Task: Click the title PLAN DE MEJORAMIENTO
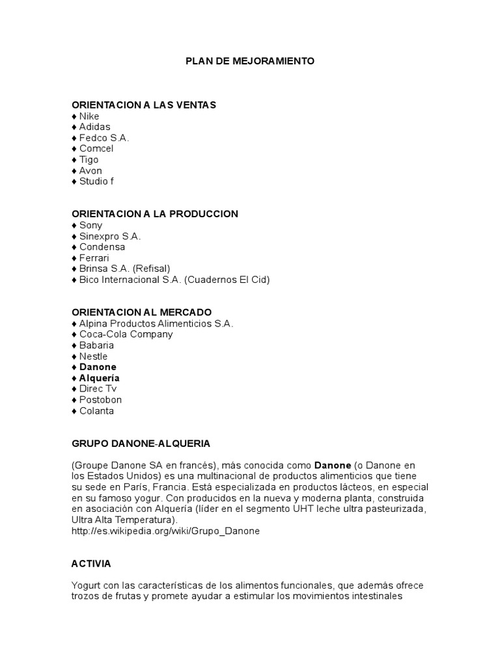coord(250,61)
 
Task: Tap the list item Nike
coord(89,116)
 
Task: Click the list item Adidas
coord(94,127)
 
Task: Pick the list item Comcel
coord(96,149)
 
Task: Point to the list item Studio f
coord(96,181)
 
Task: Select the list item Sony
coord(91,225)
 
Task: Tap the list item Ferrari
coord(94,258)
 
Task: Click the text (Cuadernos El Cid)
coord(227,280)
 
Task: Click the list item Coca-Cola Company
coord(126,334)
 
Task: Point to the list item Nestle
coord(94,356)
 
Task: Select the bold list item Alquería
coord(100,378)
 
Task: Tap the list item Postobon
coord(100,400)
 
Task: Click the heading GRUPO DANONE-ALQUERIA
coord(141,444)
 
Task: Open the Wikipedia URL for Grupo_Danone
coord(165,531)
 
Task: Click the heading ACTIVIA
coord(92,563)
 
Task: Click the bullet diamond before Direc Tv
coord(74,389)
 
